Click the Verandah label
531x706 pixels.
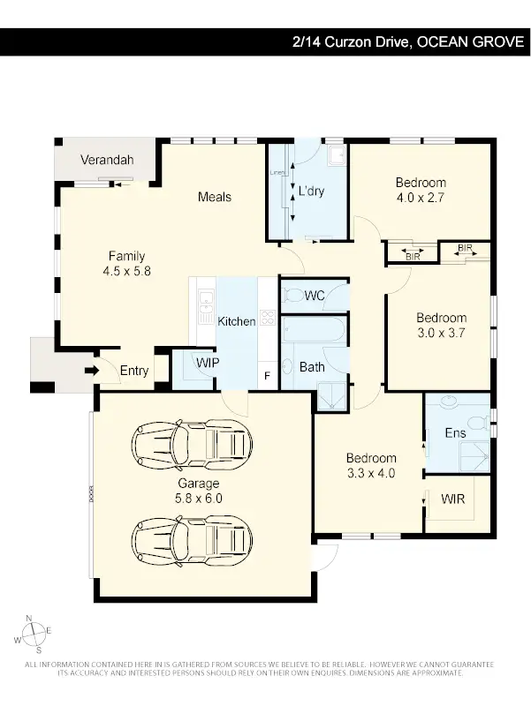click(107, 160)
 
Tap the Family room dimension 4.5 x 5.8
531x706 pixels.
click(127, 272)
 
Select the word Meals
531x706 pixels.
click(215, 196)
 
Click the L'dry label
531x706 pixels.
click(312, 191)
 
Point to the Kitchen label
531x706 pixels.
click(237, 321)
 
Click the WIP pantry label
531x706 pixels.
click(208, 363)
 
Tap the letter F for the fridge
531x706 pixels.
click(268, 377)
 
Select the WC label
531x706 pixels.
click(315, 297)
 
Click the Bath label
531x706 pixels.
click(312, 367)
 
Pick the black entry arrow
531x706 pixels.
click(91, 372)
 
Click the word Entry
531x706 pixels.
click(134, 372)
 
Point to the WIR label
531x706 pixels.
click(452, 499)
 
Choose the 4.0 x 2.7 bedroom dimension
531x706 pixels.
click(420, 198)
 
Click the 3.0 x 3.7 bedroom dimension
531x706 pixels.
click(441, 333)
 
